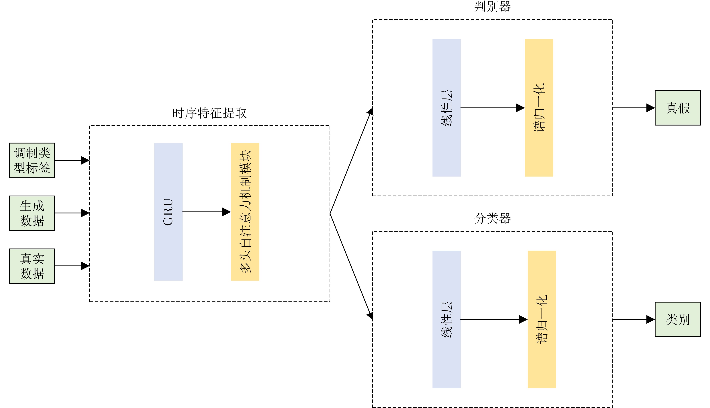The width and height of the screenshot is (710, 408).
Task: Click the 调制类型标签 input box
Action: (32, 160)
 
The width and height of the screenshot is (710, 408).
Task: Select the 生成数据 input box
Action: (32, 213)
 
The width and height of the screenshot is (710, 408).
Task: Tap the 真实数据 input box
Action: (32, 266)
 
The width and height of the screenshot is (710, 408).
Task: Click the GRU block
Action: (168, 212)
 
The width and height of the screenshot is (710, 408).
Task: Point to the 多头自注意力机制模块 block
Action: (245, 212)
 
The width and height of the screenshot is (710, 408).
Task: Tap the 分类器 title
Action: (492, 218)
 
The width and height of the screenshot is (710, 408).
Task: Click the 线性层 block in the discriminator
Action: (446, 108)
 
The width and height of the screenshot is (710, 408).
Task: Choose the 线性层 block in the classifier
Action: (446, 319)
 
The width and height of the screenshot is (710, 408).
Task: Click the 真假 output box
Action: (678, 108)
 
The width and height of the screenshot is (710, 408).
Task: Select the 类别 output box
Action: (678, 319)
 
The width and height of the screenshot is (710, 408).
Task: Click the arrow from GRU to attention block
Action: (206, 212)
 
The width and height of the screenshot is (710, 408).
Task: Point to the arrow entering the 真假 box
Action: (634, 108)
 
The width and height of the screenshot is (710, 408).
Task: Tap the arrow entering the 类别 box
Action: (634, 319)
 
